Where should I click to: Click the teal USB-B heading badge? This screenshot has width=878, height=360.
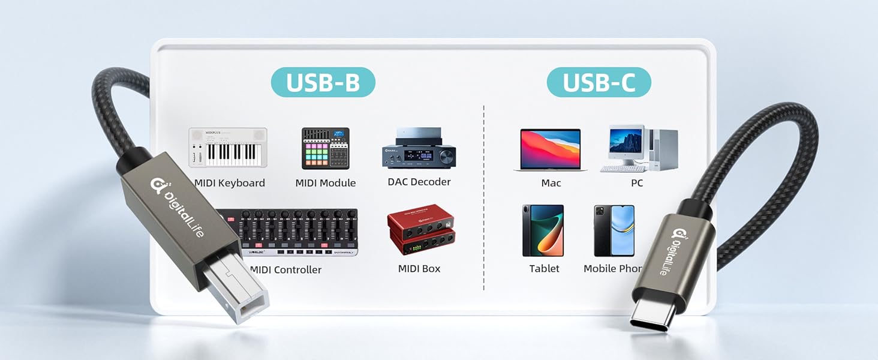pyautogui.click(x=323, y=83)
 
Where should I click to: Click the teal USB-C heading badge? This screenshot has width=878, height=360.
pyautogui.click(x=599, y=83)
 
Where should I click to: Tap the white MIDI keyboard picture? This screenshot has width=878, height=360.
pyautogui.click(x=228, y=148)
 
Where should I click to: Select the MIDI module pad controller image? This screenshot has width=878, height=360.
pyautogui.click(x=325, y=148)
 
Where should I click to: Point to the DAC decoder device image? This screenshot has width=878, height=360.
pyautogui.click(x=419, y=148)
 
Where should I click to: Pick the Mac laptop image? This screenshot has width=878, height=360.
pyautogui.click(x=551, y=150)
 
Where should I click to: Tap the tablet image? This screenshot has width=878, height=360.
pyautogui.click(x=543, y=230)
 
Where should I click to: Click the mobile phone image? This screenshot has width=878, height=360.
pyautogui.click(x=614, y=230)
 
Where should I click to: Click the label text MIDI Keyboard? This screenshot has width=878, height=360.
pyautogui.click(x=230, y=183)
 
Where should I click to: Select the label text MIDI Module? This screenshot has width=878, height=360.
pyautogui.click(x=326, y=183)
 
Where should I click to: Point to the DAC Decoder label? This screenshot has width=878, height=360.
pyautogui.click(x=419, y=182)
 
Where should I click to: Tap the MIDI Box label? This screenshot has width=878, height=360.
pyautogui.click(x=419, y=269)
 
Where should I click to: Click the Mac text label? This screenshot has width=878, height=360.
pyautogui.click(x=551, y=183)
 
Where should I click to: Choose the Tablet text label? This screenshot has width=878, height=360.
pyautogui.click(x=544, y=269)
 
